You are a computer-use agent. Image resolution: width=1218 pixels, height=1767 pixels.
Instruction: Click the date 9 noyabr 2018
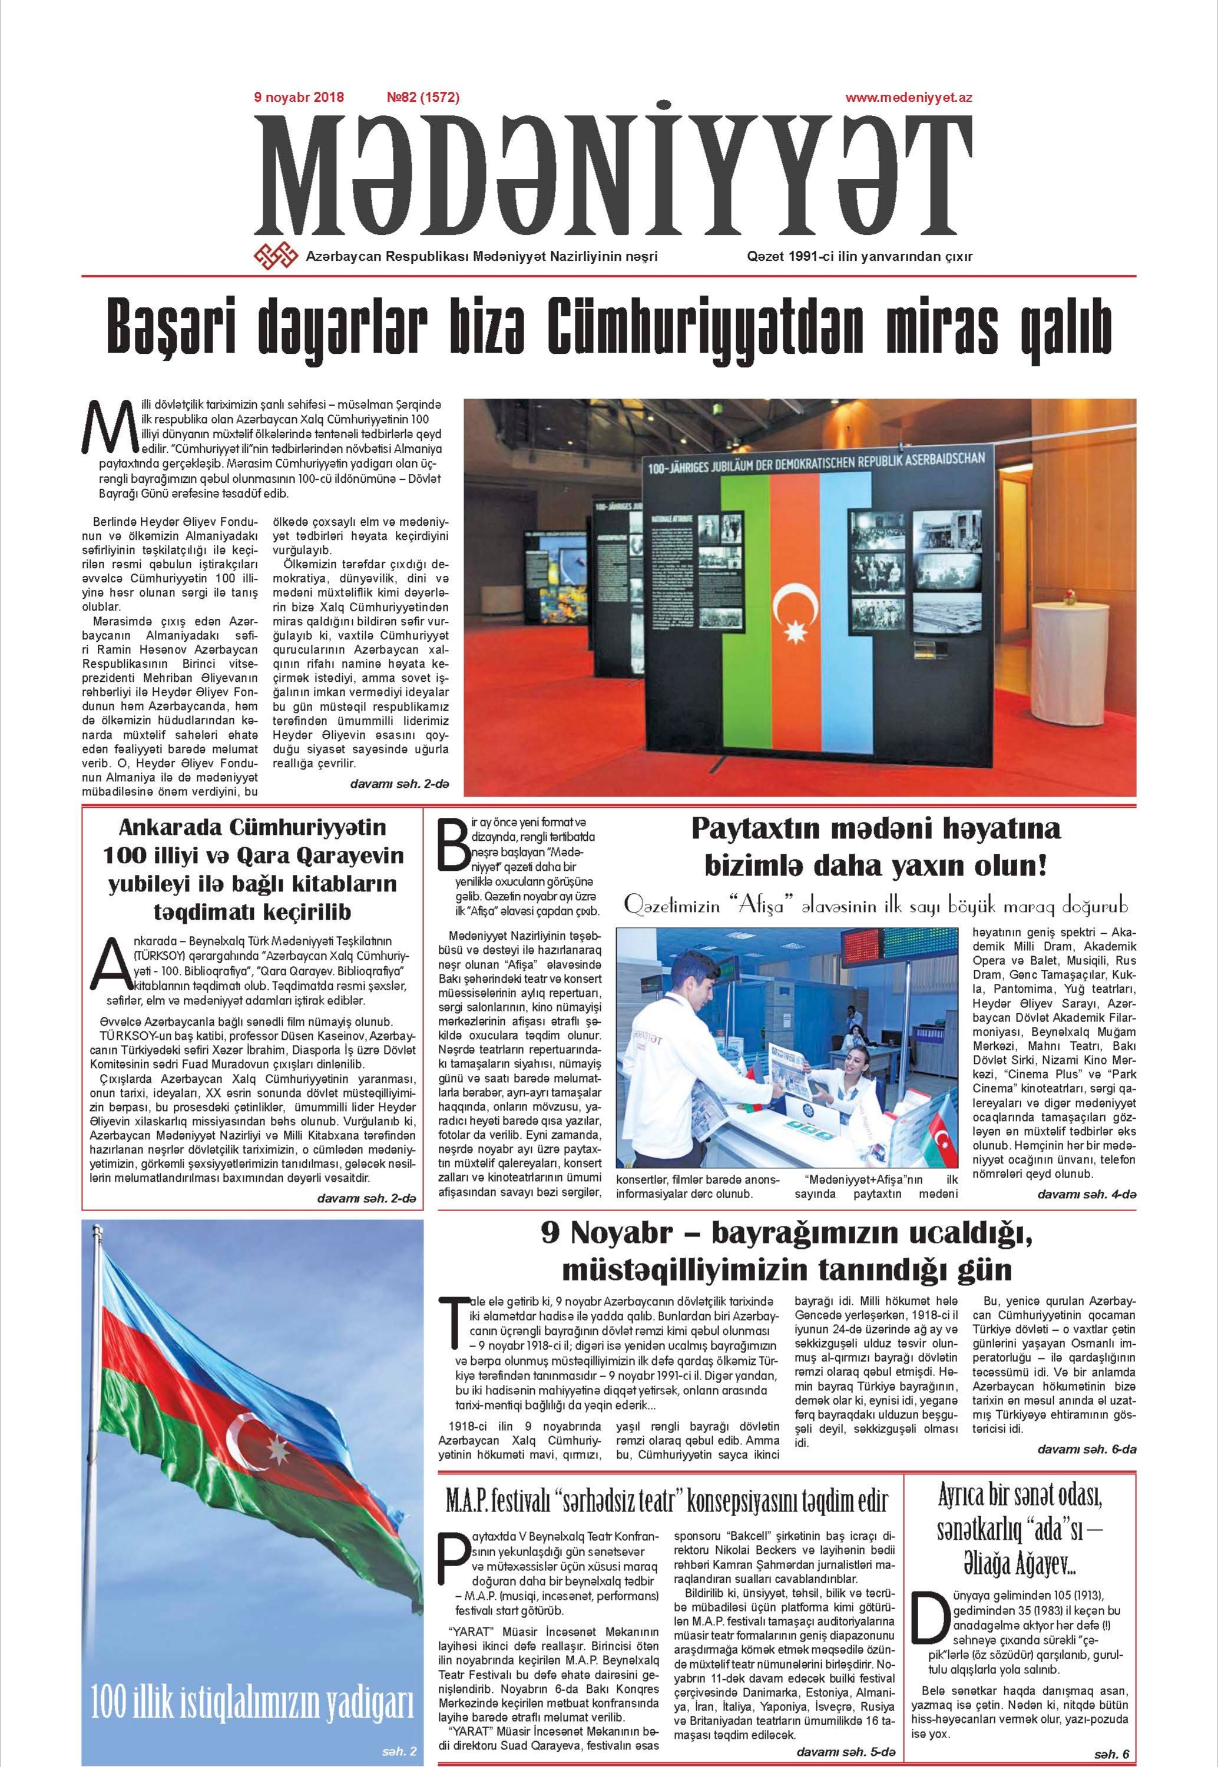(x=299, y=98)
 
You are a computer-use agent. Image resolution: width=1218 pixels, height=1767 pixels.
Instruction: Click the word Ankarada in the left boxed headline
(x=170, y=828)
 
